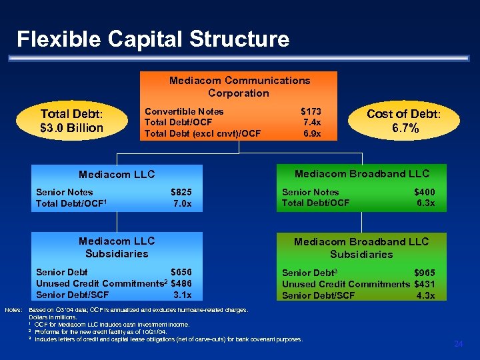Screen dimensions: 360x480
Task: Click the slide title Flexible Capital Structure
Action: pyautogui.click(x=153, y=39)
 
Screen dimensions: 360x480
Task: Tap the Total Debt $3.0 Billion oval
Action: pyautogui.click(x=72, y=121)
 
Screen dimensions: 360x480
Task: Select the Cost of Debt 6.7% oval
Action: pyautogui.click(x=404, y=121)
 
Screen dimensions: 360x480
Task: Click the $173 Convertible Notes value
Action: pyautogui.click(x=311, y=111)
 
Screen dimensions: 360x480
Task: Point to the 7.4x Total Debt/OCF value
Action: pyautogui.click(x=311, y=123)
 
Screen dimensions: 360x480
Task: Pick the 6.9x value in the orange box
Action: pyautogui.click(x=311, y=133)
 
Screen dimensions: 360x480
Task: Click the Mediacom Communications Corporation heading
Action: pyautogui.click(x=239, y=87)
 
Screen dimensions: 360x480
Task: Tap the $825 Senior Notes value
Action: pyautogui.click(x=181, y=192)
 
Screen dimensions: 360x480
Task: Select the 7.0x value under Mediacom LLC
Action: pyautogui.click(x=182, y=203)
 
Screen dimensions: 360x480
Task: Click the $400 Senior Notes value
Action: pyautogui.click(x=425, y=192)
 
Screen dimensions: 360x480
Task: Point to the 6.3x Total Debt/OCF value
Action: pyautogui.click(x=425, y=203)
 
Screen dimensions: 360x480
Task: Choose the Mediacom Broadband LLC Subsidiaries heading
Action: pyautogui.click(x=361, y=248)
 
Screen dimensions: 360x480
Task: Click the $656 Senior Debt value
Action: pyautogui.click(x=181, y=272)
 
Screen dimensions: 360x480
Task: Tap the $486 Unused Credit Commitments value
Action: pyautogui.click(x=181, y=283)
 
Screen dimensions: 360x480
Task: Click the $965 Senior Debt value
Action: pyautogui.click(x=425, y=273)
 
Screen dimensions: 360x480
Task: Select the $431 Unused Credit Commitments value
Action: pyautogui.click(x=425, y=284)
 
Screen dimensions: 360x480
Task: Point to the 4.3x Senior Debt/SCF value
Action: pyautogui.click(x=425, y=295)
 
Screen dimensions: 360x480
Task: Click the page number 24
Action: pyautogui.click(x=458, y=343)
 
